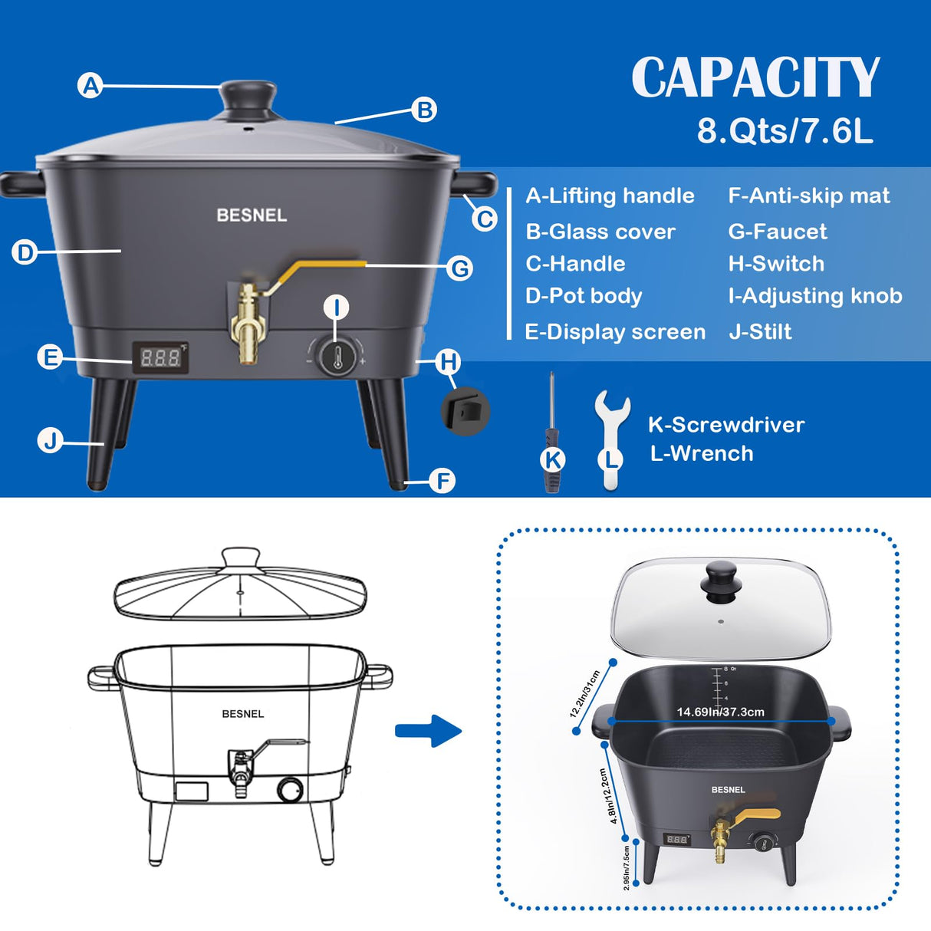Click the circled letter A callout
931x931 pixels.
point(90,86)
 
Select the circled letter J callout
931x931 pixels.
point(51,441)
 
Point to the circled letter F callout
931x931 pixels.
point(442,481)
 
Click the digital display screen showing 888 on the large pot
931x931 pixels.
point(160,358)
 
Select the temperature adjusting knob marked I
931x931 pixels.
point(337,357)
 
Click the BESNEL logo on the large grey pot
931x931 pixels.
point(252,215)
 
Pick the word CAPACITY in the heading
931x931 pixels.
point(755,77)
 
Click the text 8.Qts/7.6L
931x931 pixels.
point(785,131)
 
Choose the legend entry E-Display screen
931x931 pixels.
point(615,332)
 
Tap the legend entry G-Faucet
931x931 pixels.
point(778,232)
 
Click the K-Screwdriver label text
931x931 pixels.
point(726,425)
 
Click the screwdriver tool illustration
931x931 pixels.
point(551,432)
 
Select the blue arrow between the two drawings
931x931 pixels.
point(428,731)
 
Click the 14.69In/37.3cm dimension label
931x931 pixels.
point(720,712)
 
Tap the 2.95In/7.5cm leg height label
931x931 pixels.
point(626,867)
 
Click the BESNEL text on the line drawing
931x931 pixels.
point(243,714)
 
